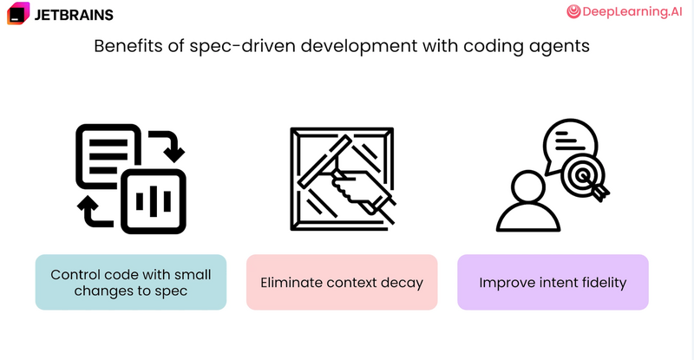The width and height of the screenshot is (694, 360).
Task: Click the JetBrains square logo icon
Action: click(x=18, y=13)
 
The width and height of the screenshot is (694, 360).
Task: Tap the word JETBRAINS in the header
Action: click(x=74, y=15)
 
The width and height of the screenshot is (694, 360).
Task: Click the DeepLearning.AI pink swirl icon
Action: click(x=573, y=11)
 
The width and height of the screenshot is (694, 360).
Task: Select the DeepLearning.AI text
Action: click(x=632, y=11)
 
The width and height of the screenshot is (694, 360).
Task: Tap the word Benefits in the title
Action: click(x=128, y=46)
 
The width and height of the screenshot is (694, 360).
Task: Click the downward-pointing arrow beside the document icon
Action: click(x=169, y=145)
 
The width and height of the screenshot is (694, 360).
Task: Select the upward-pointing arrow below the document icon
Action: click(x=92, y=212)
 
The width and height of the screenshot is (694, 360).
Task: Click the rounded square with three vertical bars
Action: click(x=154, y=201)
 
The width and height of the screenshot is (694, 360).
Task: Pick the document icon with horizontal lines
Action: click(x=108, y=155)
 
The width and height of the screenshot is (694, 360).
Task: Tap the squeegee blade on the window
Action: click(x=324, y=161)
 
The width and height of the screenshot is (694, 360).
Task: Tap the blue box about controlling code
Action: click(x=131, y=282)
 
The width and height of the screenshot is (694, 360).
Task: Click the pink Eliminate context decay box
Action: click(x=342, y=282)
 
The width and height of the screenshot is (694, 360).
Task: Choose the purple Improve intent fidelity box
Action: click(x=553, y=282)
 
